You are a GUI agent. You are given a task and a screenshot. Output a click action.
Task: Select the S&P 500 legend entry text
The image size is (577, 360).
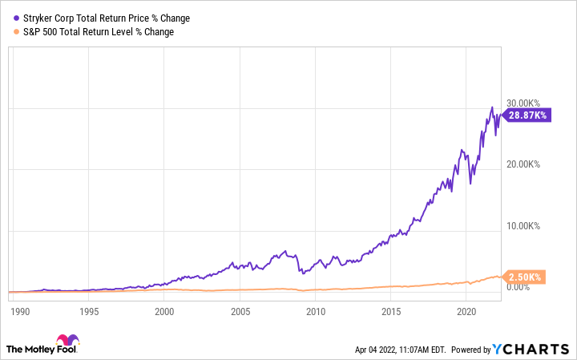pyautogui.click(x=95, y=32)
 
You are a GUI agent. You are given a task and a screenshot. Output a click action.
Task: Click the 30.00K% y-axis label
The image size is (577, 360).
pyautogui.click(x=524, y=103)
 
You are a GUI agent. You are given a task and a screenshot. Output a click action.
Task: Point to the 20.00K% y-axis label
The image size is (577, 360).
pyautogui.click(x=524, y=164)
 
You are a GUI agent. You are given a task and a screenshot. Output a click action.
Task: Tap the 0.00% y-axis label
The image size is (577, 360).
pyautogui.click(x=519, y=287)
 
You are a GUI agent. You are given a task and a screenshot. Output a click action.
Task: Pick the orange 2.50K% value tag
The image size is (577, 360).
pyautogui.click(x=524, y=277)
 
